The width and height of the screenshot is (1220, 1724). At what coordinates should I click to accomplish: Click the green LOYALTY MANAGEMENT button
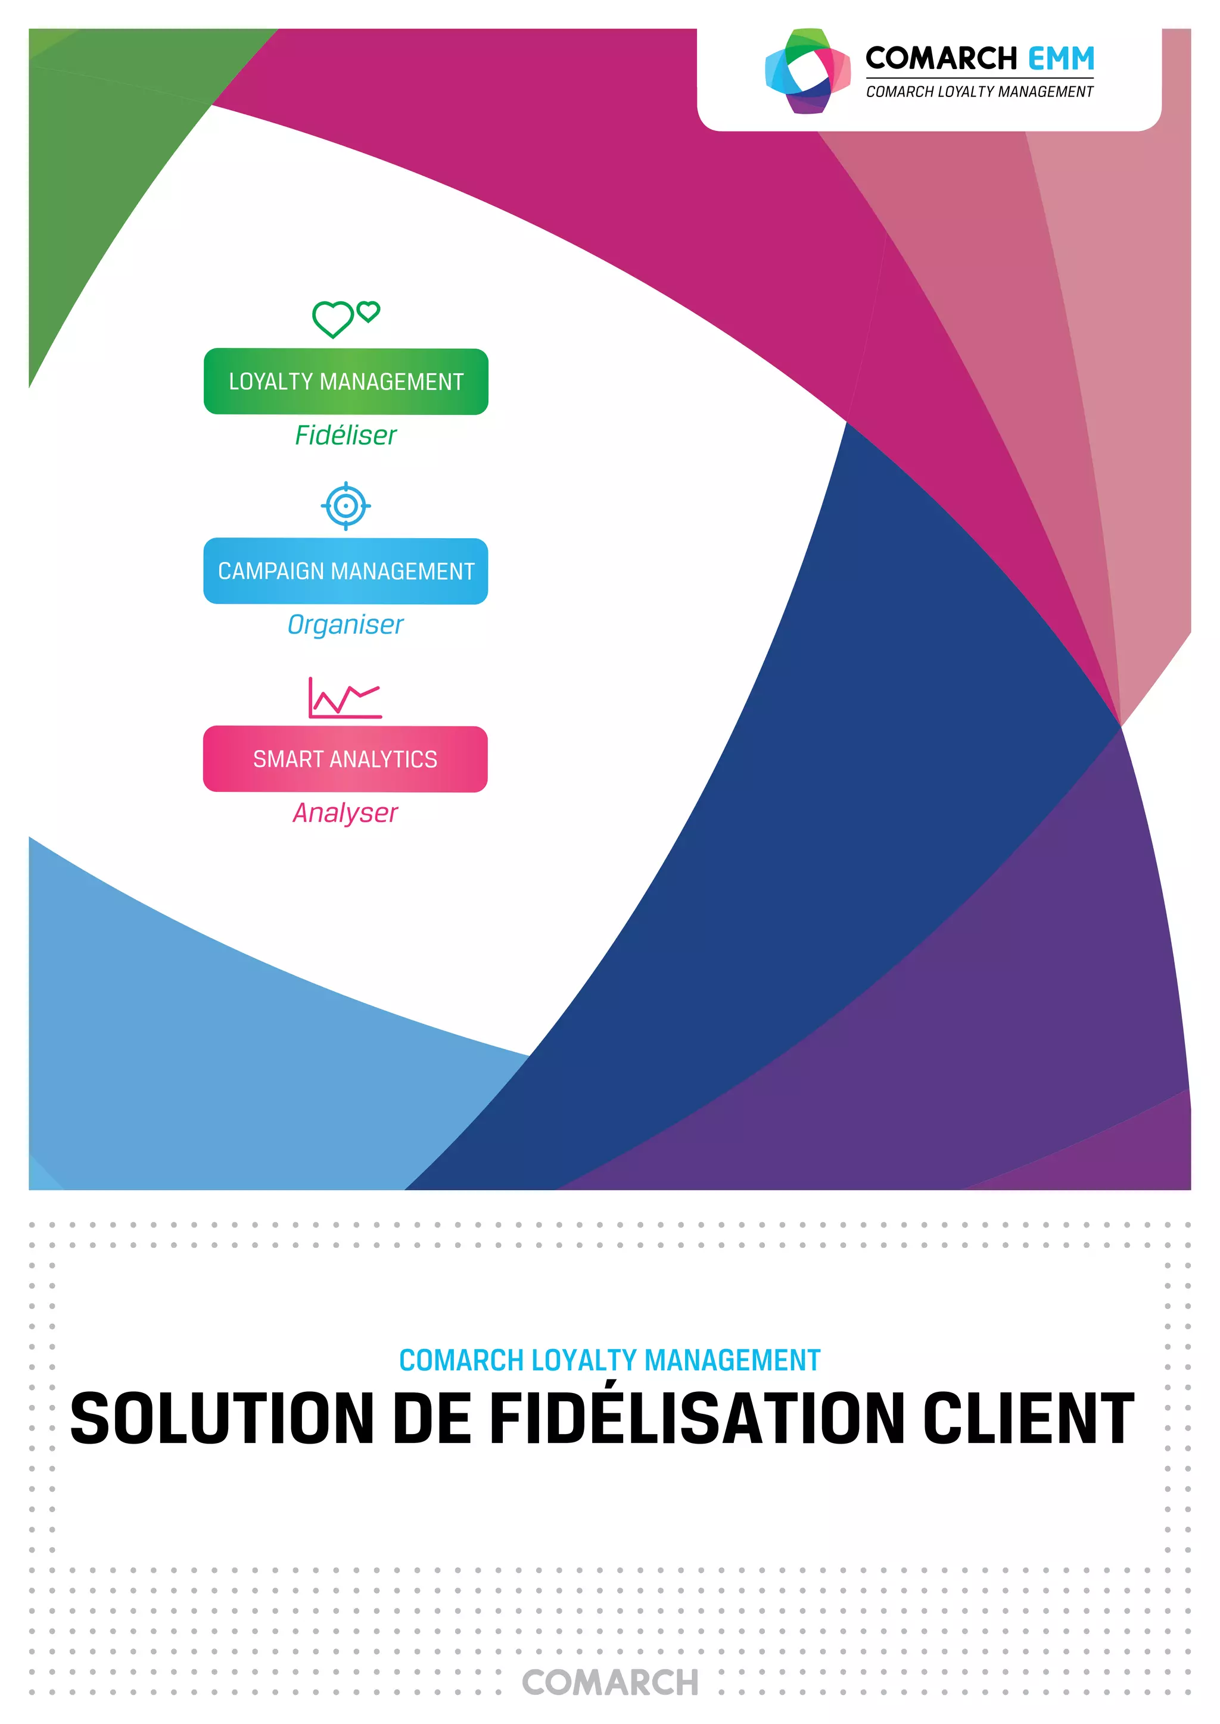[346, 382]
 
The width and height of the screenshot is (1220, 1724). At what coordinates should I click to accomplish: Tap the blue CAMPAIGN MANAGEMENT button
[346, 571]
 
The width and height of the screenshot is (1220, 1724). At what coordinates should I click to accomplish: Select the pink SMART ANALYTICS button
[346, 759]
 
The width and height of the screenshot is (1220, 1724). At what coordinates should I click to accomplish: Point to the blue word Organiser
[346, 624]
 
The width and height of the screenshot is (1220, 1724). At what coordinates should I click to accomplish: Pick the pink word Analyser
[346, 813]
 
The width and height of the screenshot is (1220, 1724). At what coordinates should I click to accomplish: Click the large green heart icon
[333, 318]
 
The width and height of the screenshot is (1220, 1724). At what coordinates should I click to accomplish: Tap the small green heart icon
[368, 311]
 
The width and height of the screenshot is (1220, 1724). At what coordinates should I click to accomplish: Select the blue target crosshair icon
[346, 506]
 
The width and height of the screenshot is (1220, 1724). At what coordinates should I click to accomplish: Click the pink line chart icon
[345, 698]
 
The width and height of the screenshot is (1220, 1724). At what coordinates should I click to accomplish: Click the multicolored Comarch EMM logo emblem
[808, 71]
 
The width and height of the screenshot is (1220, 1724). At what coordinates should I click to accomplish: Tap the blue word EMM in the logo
[1061, 58]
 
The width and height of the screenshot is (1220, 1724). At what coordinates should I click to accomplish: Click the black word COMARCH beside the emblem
[941, 58]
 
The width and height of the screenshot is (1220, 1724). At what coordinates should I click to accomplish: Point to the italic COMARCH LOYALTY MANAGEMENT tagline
[979, 92]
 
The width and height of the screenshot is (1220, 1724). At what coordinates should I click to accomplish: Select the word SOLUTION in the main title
[222, 1419]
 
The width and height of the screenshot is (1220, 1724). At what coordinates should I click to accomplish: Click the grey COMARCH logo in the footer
[610, 1683]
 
